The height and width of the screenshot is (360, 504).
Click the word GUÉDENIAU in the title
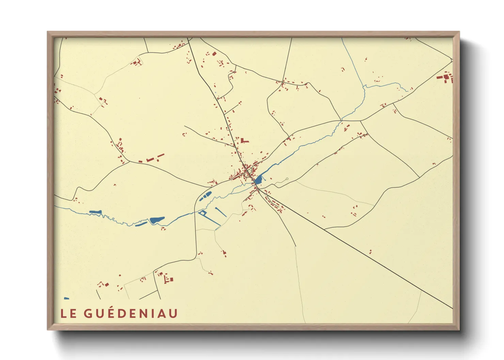[131, 313]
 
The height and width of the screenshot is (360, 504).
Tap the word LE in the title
[68, 313]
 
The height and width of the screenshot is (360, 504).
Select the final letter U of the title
[173, 313]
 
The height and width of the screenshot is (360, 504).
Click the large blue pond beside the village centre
[258, 179]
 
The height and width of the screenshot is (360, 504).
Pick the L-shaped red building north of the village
[243, 140]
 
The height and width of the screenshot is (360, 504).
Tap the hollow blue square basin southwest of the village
[202, 213]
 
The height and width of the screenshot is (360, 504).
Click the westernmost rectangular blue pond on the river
[95, 212]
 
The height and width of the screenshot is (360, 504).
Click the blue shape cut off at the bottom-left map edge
[66, 298]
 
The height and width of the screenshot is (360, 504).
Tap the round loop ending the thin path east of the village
[287, 179]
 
